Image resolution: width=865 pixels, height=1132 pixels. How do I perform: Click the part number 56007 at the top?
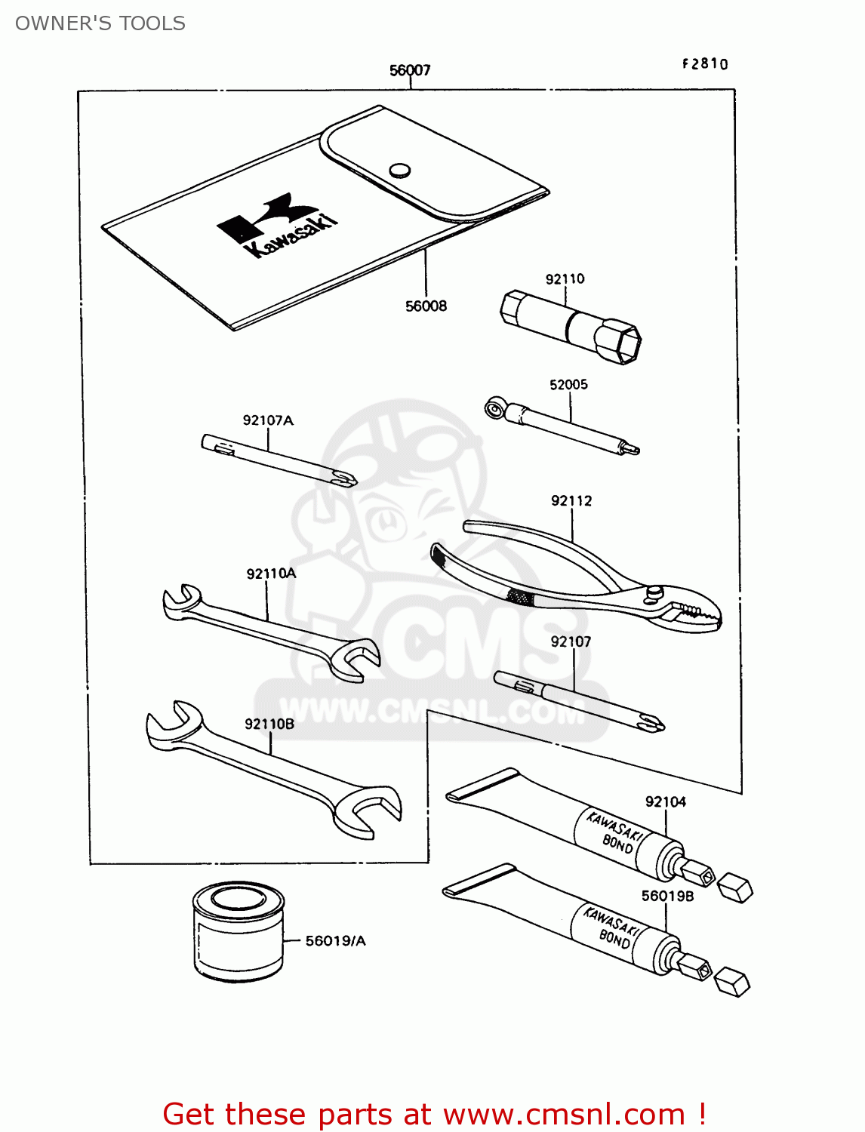tap(410, 70)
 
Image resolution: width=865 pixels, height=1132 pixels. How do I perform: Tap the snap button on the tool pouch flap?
tap(400, 170)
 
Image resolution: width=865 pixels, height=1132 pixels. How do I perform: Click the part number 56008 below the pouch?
tap(426, 306)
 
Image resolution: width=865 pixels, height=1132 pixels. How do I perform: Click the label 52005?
tap(568, 385)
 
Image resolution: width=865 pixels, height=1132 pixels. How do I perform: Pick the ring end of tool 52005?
tap(494, 409)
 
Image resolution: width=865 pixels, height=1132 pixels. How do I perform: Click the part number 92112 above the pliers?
tap(571, 501)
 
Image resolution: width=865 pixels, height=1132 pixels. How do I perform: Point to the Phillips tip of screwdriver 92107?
tap(651, 723)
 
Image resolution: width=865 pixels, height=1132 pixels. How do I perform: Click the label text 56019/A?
tap(335, 941)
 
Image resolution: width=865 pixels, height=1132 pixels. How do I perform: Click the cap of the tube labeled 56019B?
tap(732, 982)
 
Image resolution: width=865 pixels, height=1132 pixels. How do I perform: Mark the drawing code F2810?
tap(705, 64)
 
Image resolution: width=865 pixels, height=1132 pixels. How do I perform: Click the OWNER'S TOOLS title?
tap(100, 23)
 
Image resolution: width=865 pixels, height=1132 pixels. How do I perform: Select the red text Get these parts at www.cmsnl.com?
tap(434, 1114)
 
